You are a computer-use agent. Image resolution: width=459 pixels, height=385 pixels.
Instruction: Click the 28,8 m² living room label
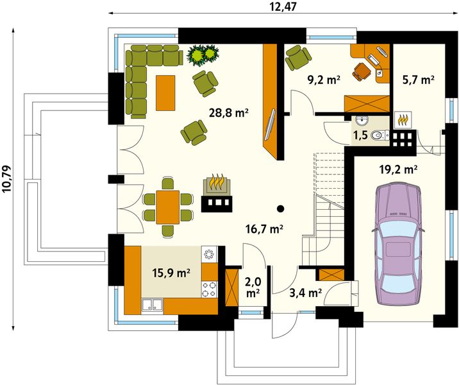(x=229, y=112)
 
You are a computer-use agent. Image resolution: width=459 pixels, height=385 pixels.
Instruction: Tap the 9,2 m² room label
(x=324, y=80)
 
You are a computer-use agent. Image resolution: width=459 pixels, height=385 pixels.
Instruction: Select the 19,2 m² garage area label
(x=398, y=169)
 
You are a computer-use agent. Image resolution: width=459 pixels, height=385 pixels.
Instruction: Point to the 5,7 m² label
(x=418, y=80)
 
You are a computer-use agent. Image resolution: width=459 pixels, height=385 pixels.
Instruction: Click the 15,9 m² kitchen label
(x=171, y=273)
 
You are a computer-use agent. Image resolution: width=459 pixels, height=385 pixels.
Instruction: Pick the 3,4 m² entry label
(x=306, y=293)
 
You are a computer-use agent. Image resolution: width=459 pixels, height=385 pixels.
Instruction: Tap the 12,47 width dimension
(x=282, y=6)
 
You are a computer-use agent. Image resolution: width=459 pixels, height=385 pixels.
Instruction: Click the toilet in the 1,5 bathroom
(x=380, y=135)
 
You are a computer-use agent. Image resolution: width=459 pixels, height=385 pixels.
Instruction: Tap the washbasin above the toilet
(x=362, y=121)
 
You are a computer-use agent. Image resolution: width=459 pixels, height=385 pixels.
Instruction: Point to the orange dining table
(x=168, y=207)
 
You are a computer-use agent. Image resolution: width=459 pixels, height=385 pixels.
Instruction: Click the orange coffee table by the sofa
(x=165, y=93)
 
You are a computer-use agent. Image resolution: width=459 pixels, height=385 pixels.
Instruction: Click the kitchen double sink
(x=152, y=305)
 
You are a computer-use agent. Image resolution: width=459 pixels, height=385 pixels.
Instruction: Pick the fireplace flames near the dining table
(x=217, y=182)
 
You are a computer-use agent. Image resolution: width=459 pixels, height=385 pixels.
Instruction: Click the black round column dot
(x=280, y=209)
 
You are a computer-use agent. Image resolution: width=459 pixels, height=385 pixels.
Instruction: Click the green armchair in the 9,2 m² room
(x=298, y=58)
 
